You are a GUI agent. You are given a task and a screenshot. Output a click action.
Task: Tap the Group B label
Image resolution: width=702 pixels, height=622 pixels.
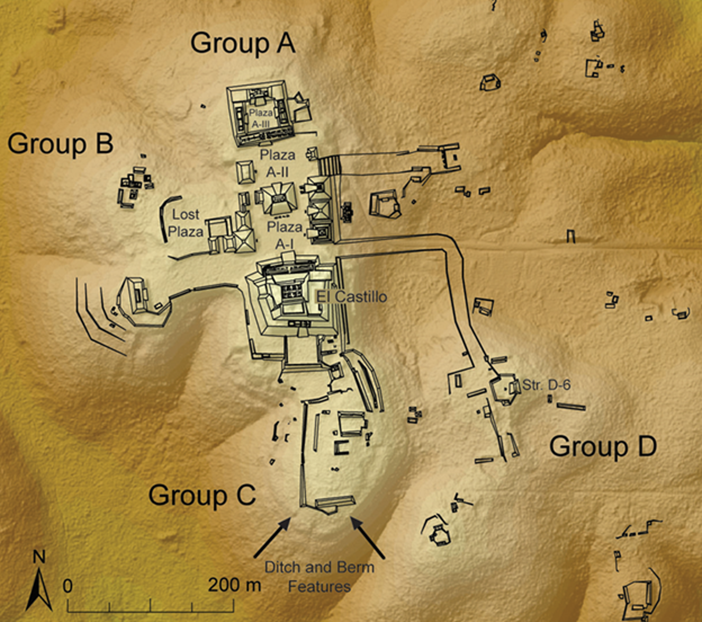click(60, 144)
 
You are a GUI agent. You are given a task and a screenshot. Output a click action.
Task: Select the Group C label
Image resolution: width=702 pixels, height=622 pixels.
click(202, 495)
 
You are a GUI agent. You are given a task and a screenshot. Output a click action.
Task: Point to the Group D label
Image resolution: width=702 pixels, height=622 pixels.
click(603, 447)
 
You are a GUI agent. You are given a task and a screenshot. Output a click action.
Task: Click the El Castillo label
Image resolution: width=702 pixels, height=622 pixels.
click(351, 297)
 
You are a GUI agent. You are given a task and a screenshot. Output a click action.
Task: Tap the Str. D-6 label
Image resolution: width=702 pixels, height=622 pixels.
click(546, 385)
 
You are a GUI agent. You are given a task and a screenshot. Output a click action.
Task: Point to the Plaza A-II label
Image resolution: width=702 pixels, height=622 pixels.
click(278, 164)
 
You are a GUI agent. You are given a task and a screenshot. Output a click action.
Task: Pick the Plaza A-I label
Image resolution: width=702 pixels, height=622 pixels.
click(285, 235)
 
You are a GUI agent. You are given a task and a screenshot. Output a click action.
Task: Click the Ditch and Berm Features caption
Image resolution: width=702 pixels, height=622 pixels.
click(319, 577)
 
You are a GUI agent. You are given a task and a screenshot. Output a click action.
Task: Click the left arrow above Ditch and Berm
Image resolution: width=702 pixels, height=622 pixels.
click(272, 537)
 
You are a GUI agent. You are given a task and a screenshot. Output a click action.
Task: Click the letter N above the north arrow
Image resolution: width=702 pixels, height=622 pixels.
click(39, 557)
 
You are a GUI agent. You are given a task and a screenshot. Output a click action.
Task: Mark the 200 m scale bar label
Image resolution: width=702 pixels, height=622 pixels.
click(234, 585)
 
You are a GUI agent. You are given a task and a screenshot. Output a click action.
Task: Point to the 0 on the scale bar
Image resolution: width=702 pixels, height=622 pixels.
click(68, 586)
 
